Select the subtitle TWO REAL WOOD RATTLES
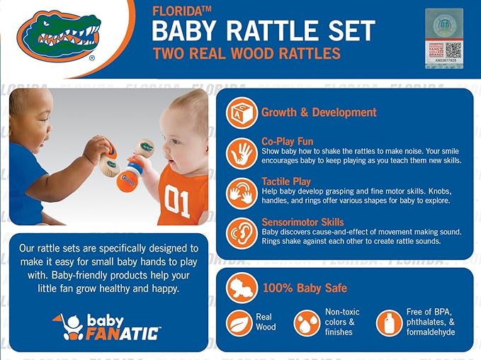pos(247,54)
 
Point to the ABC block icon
pos(242,112)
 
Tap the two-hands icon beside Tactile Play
pos(242,192)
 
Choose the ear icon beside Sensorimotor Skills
pos(242,232)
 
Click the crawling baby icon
pos(241,288)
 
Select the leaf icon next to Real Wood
pos(239,323)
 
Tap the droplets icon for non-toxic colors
pos(307,323)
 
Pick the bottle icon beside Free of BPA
pos(389,323)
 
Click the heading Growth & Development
pos(319,112)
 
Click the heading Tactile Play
pos(286,182)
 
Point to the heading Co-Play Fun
pos(287,142)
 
